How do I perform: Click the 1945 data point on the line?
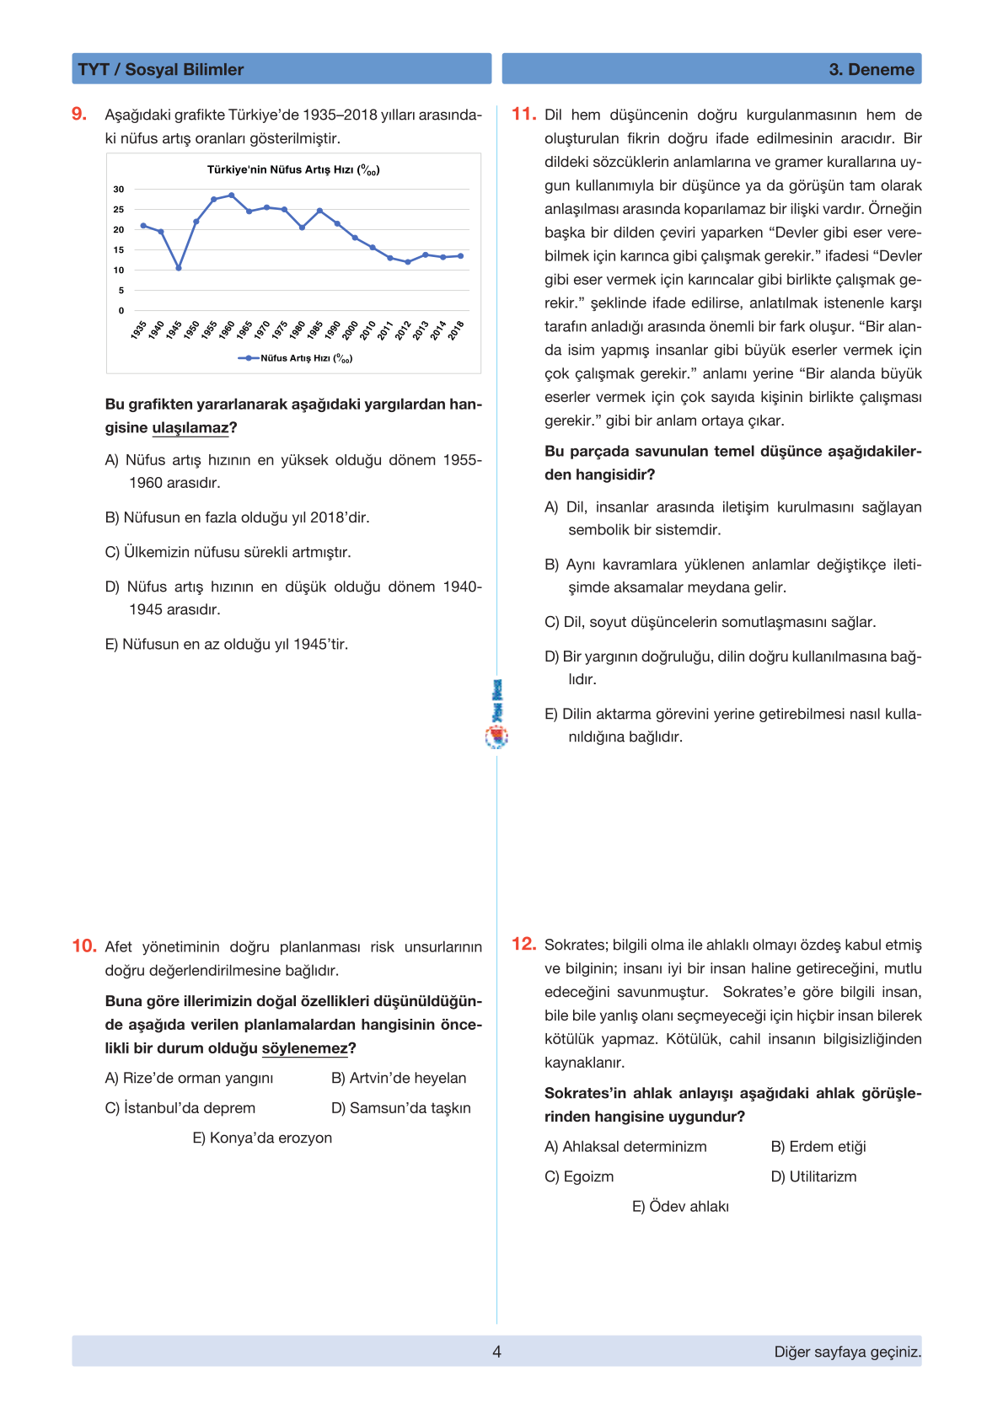click(179, 268)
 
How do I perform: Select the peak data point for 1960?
click(232, 196)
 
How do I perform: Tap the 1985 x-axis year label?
click(316, 329)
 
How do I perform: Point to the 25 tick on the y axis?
click(119, 210)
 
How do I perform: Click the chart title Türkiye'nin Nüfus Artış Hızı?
click(293, 170)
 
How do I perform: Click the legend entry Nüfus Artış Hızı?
click(297, 358)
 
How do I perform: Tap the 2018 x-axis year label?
click(457, 329)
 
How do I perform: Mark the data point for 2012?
click(408, 262)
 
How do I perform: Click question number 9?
click(79, 115)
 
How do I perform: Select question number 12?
click(523, 945)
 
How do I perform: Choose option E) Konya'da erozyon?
click(262, 1138)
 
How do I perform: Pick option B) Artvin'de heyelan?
click(399, 1079)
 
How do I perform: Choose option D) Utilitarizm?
click(813, 1177)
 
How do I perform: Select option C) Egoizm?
click(579, 1177)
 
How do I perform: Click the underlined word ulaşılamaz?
click(190, 428)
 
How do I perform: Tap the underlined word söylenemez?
click(304, 1049)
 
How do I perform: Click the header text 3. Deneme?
click(872, 70)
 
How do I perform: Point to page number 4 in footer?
click(496, 1352)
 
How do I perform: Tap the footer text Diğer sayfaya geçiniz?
click(847, 1352)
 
